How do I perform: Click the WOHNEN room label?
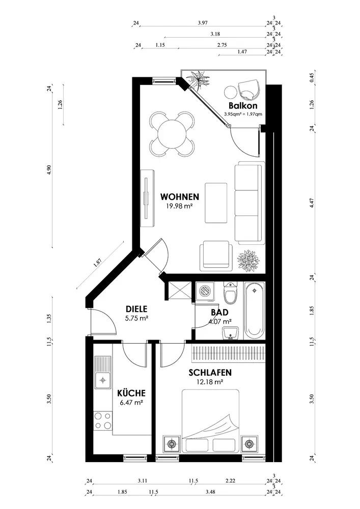pos(180,196)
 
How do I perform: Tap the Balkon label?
pos(243,105)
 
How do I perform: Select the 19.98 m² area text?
pos(180,205)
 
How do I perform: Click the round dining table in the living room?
pos(173,133)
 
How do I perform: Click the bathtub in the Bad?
pos(255,310)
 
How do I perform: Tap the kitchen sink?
pos(102,373)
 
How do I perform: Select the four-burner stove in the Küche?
pos(102,421)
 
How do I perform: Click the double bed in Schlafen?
pos(210,421)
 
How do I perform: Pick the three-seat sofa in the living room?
pos(250,203)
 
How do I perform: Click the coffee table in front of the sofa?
pos(216,203)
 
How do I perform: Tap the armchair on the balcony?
pos(249,90)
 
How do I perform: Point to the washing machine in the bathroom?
pos(204,292)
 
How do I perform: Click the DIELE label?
pos(136,309)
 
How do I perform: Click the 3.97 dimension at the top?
pos(203,23)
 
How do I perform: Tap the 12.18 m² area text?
pos(210,382)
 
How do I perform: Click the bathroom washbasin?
pos(231,333)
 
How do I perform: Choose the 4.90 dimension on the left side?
pos(49,169)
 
